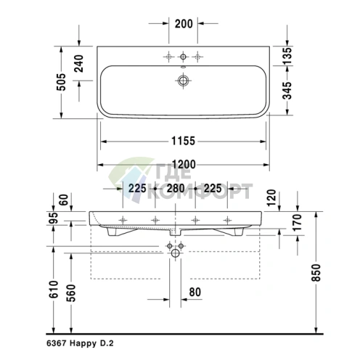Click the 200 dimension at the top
[184, 24]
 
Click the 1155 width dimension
[183, 140]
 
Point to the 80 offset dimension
[195, 293]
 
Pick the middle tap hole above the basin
[184, 56]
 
